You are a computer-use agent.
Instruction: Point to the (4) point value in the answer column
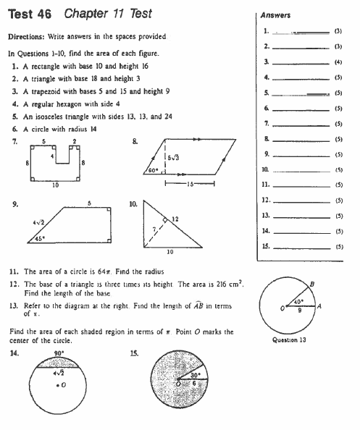point(338,62)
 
